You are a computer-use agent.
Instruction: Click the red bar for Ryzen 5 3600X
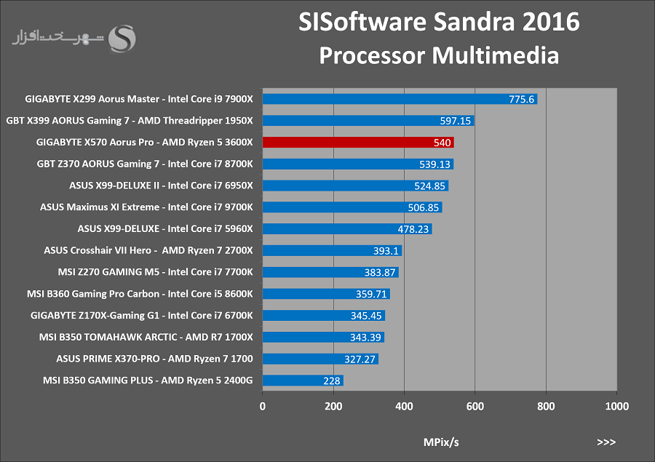click(358, 143)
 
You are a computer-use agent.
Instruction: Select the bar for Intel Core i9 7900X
click(400, 99)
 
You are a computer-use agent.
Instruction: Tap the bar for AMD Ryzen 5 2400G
click(303, 381)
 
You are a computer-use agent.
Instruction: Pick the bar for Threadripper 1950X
click(368, 121)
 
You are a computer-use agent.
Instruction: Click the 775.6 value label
click(521, 100)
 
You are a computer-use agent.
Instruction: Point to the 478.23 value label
click(413, 229)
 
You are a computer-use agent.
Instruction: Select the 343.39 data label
click(365, 338)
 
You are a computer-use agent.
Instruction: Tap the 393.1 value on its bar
click(386, 250)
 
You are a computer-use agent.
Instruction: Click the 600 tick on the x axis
click(475, 407)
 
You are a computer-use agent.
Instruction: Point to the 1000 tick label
click(617, 407)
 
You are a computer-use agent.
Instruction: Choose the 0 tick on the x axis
click(262, 407)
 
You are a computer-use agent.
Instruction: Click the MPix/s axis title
click(441, 442)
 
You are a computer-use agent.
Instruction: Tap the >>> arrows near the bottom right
click(606, 442)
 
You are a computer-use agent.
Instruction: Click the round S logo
click(122, 39)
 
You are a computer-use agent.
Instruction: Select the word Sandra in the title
click(474, 22)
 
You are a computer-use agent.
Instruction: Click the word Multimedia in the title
click(496, 55)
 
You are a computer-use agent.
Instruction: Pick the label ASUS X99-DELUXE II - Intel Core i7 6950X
click(162, 186)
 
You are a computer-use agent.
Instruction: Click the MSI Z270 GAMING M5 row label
click(156, 272)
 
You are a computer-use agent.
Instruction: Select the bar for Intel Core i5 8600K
click(326, 294)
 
